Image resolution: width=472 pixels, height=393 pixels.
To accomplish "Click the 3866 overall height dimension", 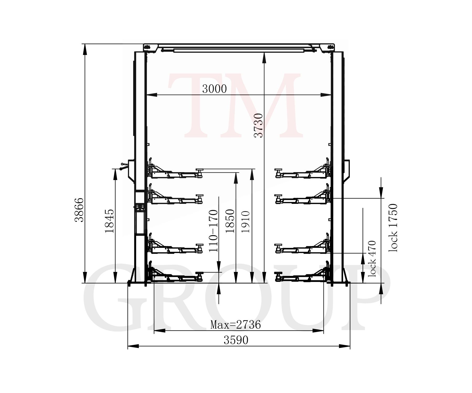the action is pyautogui.click(x=79, y=210).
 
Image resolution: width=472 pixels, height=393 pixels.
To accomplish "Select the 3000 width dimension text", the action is pyautogui.click(x=214, y=89).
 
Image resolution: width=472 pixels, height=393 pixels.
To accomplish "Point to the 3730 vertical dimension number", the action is pyautogui.click(x=259, y=125).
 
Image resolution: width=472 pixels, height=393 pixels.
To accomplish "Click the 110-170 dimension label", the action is pyautogui.click(x=213, y=231).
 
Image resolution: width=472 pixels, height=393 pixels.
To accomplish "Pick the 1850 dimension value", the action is pyautogui.click(x=230, y=221).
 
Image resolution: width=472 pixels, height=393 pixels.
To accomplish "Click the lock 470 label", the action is pyautogui.click(x=372, y=259).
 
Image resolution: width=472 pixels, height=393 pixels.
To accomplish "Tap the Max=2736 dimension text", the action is pyautogui.click(x=235, y=325).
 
